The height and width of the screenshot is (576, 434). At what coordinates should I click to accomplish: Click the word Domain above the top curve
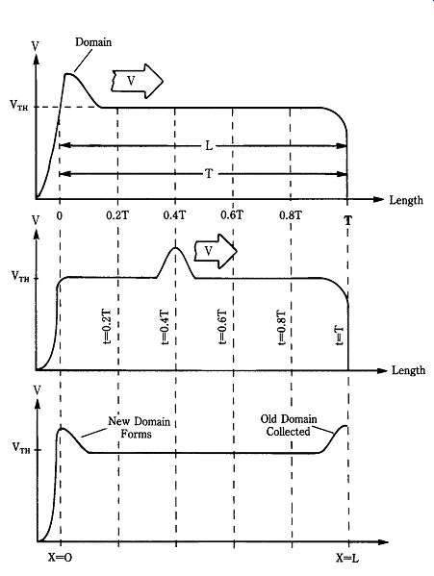click(93, 42)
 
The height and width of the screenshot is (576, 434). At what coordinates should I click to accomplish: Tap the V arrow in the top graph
click(137, 81)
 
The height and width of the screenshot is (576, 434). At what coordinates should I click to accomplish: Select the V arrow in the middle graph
click(216, 251)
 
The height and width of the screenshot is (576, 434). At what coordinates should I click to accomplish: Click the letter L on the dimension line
click(209, 146)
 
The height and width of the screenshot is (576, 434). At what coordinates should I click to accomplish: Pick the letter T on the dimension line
click(209, 173)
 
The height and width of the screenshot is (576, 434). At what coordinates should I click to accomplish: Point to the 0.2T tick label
click(117, 214)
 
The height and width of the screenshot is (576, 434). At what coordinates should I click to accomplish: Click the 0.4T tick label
click(174, 214)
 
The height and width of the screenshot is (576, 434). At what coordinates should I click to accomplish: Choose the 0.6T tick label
click(232, 214)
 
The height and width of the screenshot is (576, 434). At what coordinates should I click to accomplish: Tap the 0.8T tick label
click(291, 214)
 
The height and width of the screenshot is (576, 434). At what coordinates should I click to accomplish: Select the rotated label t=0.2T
click(106, 327)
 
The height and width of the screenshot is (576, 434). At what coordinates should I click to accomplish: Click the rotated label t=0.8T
click(281, 328)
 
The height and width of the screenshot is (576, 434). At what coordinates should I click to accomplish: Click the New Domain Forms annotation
click(139, 428)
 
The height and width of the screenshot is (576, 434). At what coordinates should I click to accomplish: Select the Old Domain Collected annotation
click(289, 425)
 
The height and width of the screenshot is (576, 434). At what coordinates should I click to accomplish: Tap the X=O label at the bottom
click(60, 558)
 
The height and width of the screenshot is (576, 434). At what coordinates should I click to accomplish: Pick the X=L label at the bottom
click(346, 558)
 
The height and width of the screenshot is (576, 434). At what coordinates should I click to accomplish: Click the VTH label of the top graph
click(19, 106)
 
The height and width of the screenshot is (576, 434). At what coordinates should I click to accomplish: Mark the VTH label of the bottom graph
click(21, 448)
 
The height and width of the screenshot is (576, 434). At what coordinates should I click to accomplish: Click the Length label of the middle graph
click(409, 370)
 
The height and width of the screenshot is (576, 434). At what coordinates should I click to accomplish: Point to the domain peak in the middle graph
click(176, 248)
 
